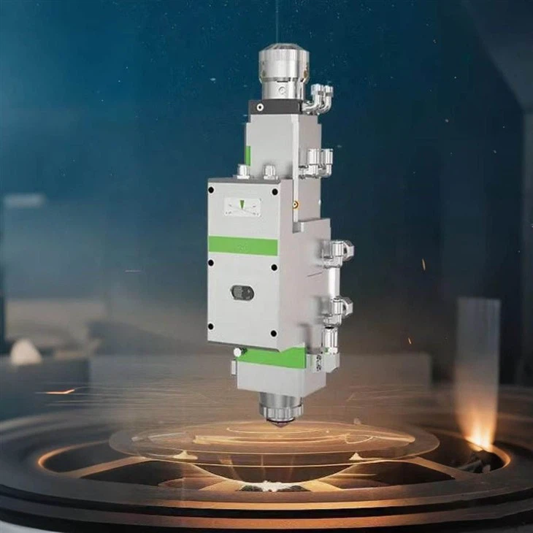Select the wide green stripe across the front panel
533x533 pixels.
coord(243,245)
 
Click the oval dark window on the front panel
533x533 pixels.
coord(242,292)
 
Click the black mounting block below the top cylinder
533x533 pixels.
coord(274,107)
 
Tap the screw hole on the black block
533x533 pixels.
coord(258,107)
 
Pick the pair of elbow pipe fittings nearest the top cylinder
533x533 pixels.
coord(320,96)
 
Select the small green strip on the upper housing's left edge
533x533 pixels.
coord(248,155)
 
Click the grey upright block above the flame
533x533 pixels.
coord(478,343)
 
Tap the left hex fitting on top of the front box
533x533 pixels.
coord(242,171)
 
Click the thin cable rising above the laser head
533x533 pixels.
coord(276,22)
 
